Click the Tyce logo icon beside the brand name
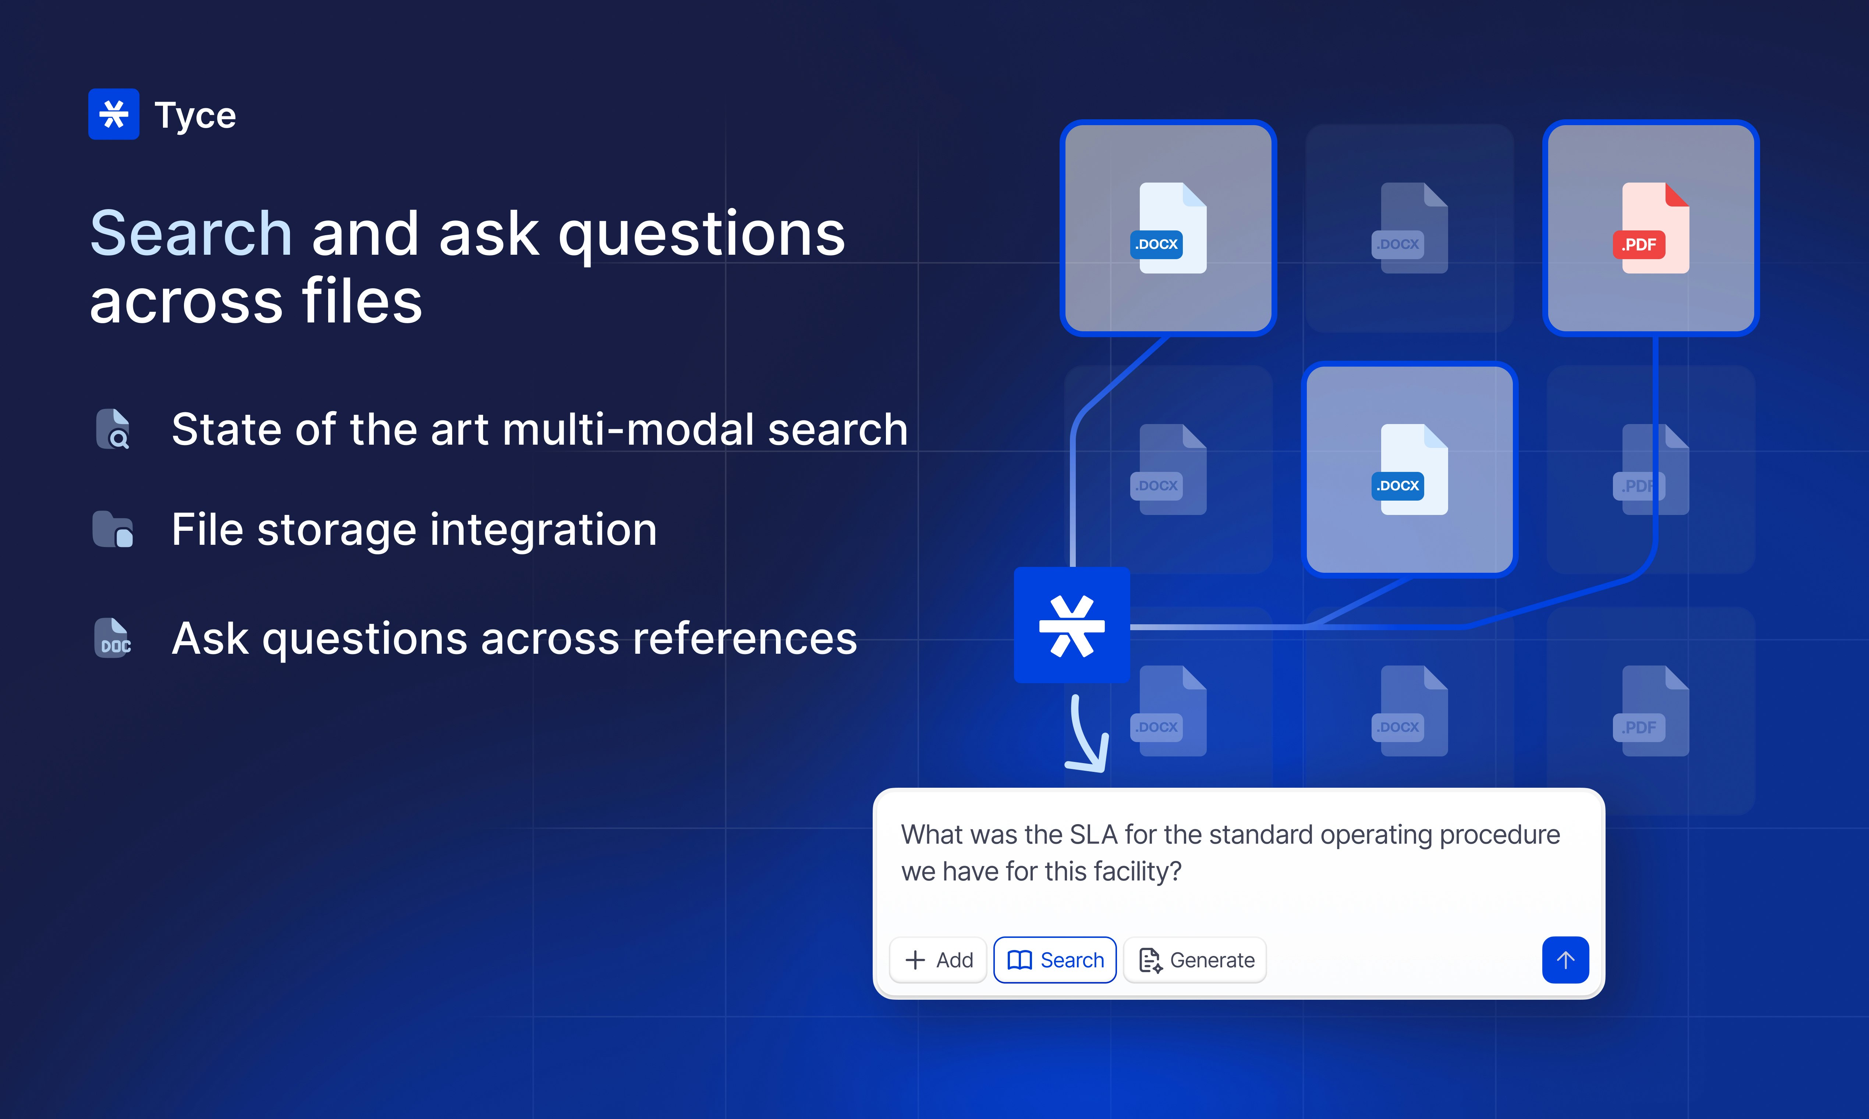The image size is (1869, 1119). [114, 114]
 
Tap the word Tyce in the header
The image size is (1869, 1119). [195, 115]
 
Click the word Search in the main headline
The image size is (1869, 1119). [191, 234]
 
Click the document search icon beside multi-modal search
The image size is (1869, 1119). [113, 429]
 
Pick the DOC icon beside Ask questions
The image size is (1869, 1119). [113, 638]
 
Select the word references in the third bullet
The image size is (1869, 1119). [745, 639]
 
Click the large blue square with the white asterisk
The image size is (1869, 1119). [1072, 625]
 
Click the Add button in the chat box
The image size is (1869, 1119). [938, 960]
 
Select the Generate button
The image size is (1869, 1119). [1195, 960]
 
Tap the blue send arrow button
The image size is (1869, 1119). [1565, 960]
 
